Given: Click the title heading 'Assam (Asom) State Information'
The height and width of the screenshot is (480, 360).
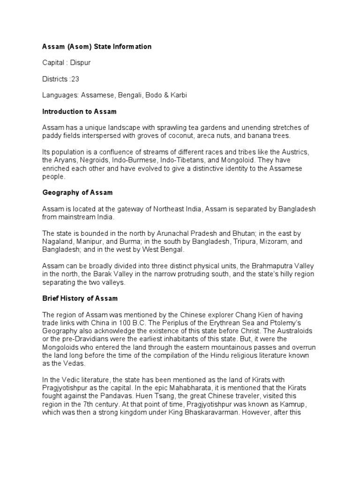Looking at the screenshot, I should click(x=97, y=47).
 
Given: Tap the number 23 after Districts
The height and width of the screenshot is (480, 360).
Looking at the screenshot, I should click(x=75, y=79).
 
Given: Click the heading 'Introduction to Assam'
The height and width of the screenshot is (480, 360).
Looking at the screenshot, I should click(x=79, y=112).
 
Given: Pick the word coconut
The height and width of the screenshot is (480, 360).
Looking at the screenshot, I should click(x=204, y=136).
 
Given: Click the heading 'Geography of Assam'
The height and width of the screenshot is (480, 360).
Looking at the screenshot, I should click(x=77, y=193).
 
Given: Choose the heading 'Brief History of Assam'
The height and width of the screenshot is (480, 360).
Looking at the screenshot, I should click(x=80, y=298).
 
